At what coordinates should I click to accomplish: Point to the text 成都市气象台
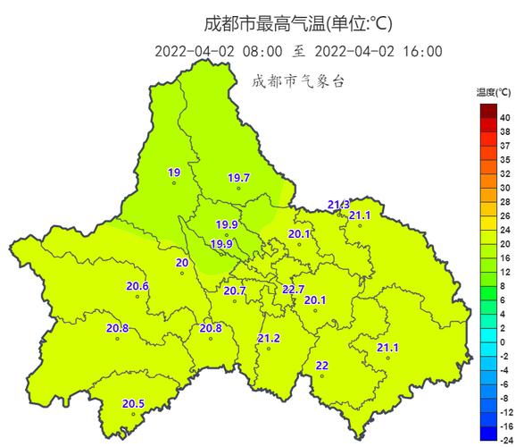point(297,81)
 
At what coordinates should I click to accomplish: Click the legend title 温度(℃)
point(494,92)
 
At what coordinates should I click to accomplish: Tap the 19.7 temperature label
point(238,178)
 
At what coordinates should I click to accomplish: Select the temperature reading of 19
point(174,173)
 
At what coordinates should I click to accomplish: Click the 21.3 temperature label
point(338,205)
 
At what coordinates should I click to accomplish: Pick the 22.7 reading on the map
point(293,289)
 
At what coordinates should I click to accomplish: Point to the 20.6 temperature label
point(137,286)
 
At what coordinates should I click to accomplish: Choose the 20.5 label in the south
point(133,403)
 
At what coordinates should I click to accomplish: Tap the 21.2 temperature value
point(269,337)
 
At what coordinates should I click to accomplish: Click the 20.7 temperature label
point(235,291)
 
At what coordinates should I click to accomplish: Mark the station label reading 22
point(322,365)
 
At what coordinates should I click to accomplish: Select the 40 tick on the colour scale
point(504,117)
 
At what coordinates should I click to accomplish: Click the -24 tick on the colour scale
point(504,439)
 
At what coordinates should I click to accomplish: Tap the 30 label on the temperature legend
point(504,189)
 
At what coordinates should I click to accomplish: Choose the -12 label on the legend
point(504,413)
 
